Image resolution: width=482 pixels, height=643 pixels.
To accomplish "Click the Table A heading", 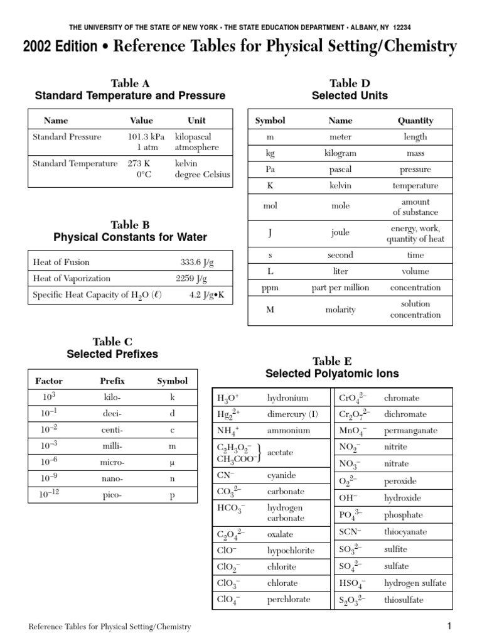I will (x=130, y=83).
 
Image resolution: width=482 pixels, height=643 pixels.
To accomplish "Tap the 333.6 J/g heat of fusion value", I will (x=197, y=262).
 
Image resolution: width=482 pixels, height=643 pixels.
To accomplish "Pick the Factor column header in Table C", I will (x=49, y=381).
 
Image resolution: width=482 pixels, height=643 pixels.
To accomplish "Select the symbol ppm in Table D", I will (x=270, y=288).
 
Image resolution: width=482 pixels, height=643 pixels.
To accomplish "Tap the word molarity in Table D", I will (x=341, y=309).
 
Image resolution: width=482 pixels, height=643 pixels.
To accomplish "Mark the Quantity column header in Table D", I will (x=415, y=120).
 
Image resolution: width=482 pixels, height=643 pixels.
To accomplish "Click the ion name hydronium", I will (x=287, y=397).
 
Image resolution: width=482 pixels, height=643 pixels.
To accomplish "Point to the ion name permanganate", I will (x=410, y=431).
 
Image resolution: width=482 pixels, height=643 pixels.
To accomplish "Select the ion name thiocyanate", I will (x=405, y=531).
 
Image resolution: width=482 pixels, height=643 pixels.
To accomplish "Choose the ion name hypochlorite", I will (x=291, y=550).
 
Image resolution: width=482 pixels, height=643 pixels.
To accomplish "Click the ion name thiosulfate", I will (x=405, y=599).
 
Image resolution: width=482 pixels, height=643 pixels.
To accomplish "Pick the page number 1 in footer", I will (x=449, y=626).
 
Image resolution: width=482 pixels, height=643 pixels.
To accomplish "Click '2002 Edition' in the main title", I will (x=60, y=47).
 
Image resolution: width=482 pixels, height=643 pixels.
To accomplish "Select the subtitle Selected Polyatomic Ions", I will (x=332, y=374).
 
